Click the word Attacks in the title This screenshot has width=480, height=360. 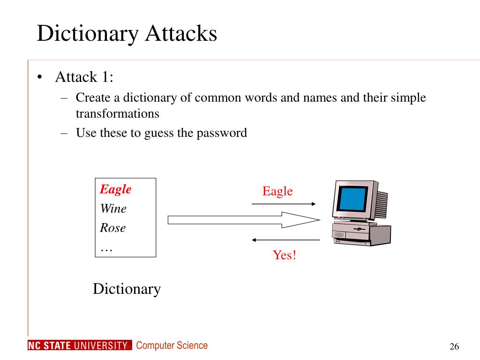tap(180, 34)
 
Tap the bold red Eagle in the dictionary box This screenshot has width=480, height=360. tap(116, 189)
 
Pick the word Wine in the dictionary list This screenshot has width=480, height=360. tap(113, 209)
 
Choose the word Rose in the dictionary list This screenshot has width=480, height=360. tap(113, 228)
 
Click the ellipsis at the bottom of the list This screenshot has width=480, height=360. tap(106, 249)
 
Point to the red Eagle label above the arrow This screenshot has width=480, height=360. tap(277, 191)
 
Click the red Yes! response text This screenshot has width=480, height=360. tap(285, 255)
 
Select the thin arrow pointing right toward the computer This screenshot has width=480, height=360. tap(284, 204)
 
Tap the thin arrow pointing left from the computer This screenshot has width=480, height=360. tap(285, 240)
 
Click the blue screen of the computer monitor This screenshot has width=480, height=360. tap(354, 199)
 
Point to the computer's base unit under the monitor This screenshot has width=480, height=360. tap(361, 234)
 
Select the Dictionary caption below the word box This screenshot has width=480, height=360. tap(127, 289)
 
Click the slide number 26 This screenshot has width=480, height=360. tap(454, 346)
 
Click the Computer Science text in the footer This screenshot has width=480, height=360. tap(172, 346)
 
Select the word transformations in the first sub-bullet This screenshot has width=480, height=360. tap(118, 113)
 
